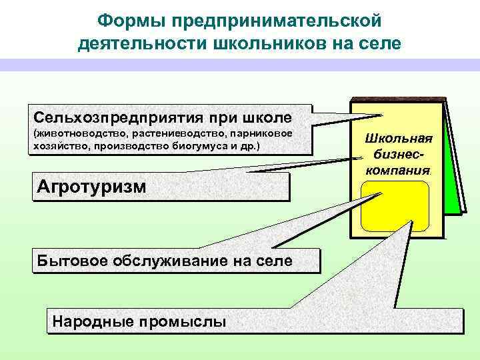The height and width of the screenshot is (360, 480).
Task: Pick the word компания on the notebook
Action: coord(398,169)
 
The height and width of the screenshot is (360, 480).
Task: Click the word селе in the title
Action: coord(377,45)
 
